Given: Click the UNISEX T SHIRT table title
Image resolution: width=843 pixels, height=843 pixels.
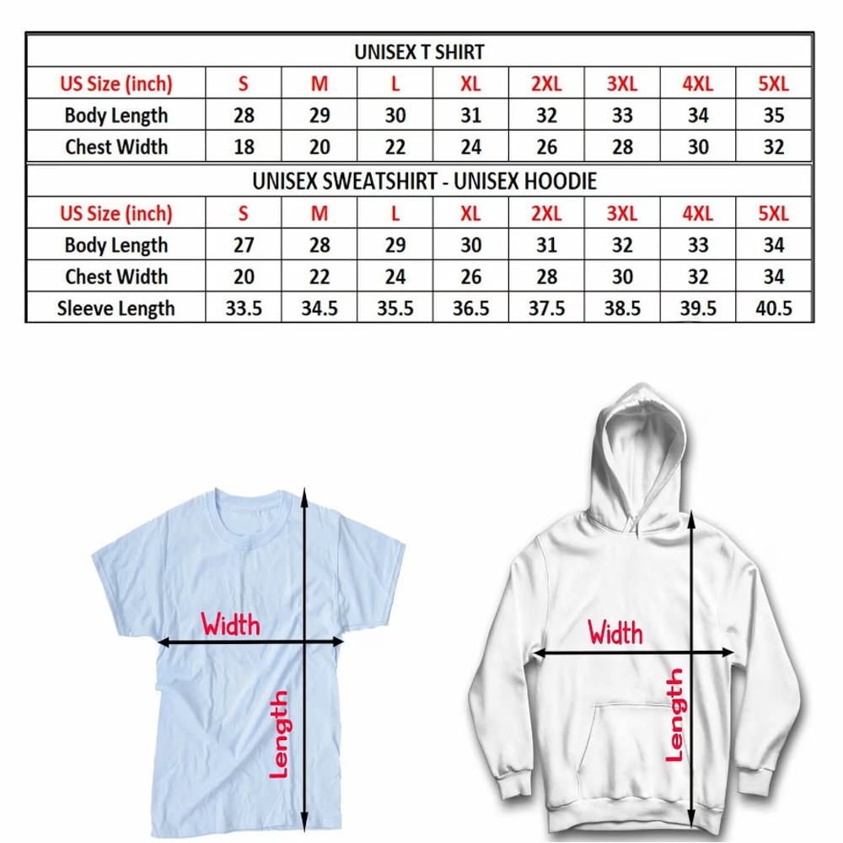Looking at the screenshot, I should point(419,52).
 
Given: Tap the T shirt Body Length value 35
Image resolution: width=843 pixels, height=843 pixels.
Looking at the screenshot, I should point(773,115).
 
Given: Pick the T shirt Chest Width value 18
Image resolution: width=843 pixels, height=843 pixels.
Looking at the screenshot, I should point(244,147).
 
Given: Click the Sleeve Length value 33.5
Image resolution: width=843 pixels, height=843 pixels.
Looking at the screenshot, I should point(244,309).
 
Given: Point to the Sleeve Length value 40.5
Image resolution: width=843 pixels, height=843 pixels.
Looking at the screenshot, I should point(773,309).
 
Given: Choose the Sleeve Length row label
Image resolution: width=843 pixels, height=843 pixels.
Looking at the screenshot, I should point(116,309).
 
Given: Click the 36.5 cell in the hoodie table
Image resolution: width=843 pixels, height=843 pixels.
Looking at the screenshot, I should point(470,309).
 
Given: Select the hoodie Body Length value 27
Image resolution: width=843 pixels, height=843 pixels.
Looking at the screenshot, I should point(244,245).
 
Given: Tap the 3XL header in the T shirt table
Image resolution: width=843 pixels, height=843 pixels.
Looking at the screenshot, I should point(622,84).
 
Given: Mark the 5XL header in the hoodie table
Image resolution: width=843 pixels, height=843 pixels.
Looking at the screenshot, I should point(773,213).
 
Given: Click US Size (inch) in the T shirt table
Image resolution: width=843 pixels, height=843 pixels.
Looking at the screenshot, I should point(116,84).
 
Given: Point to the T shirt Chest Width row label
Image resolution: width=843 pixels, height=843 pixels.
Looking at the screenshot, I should point(116,147).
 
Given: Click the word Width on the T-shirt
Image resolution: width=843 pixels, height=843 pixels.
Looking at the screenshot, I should point(230,625).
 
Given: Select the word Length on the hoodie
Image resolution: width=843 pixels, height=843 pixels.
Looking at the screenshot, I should point(674,715).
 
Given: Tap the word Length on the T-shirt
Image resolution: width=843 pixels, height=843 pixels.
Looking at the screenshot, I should point(279,733).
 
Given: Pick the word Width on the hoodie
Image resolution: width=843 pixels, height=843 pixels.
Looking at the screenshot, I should point(615,632).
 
